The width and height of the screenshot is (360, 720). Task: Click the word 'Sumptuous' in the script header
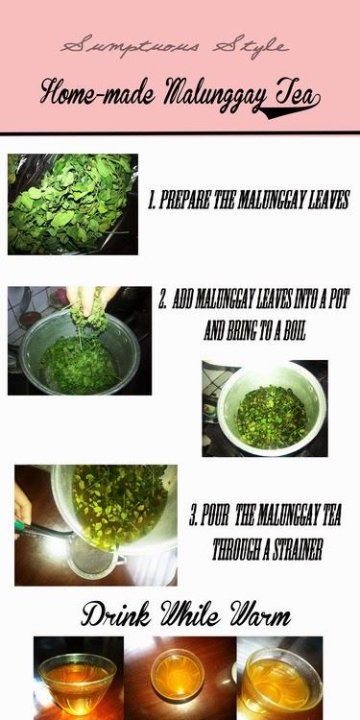point(130,47)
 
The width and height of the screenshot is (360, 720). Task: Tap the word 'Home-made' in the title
point(97,92)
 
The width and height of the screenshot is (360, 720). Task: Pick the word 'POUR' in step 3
point(213,516)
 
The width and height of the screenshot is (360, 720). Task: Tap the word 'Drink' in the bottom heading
point(116,614)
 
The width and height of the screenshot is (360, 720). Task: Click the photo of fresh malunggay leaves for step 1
point(73,204)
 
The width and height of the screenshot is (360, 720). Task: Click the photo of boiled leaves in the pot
point(265,408)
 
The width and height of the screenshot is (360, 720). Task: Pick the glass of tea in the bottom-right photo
point(280,683)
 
